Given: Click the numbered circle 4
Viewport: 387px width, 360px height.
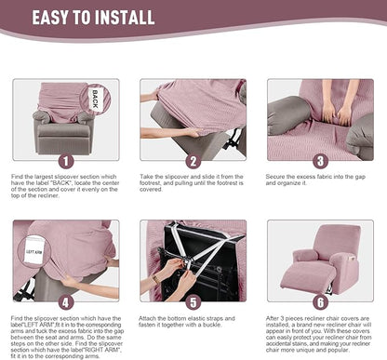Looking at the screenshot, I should pyautogui.click(x=65, y=300).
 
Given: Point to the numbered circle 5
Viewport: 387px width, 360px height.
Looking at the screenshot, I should pyautogui.click(x=193, y=300).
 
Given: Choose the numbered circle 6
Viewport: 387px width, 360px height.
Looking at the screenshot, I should pyautogui.click(x=320, y=300).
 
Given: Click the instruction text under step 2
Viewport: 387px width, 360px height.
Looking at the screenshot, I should pyautogui.click(x=193, y=185).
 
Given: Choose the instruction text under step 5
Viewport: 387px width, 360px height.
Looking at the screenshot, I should pyautogui.click(x=193, y=323).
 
